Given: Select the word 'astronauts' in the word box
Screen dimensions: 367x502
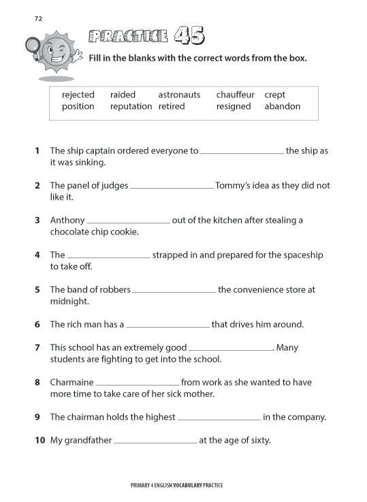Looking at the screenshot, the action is click(179, 95).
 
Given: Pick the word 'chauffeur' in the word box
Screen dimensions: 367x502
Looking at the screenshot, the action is click(236, 95).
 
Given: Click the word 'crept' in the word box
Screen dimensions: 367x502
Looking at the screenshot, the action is click(275, 95).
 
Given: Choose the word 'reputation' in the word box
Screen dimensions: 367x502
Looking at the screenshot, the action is click(131, 107).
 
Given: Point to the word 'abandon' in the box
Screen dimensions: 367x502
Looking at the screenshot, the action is click(282, 107).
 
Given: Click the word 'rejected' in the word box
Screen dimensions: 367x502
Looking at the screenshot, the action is click(78, 95).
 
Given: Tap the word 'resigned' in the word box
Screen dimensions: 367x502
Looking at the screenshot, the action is click(234, 107).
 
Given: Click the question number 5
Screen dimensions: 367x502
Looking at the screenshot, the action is click(37, 289).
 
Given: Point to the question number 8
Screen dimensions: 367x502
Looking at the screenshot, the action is click(37, 382).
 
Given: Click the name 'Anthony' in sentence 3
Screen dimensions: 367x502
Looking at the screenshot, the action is click(67, 220).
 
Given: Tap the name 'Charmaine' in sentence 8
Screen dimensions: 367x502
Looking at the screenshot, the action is click(71, 382).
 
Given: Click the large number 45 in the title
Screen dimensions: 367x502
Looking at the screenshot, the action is click(189, 35).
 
